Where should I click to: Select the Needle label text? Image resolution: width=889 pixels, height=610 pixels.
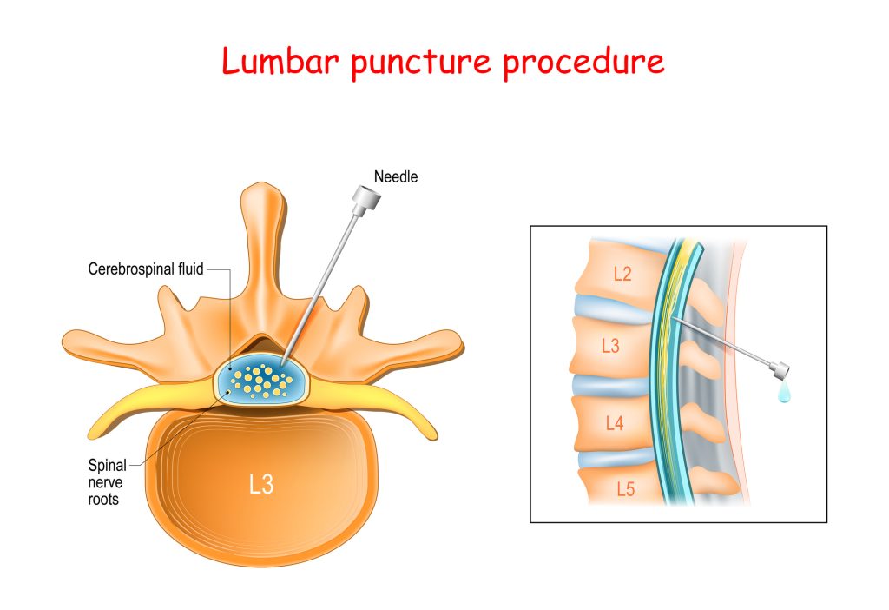[x=395, y=177]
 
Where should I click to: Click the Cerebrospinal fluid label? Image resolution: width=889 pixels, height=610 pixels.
[x=146, y=269]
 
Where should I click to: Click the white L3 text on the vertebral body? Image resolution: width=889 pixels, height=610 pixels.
[x=260, y=485]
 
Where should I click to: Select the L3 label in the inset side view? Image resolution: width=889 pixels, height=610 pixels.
[x=610, y=346]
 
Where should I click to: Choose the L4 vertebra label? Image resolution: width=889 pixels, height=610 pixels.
[x=614, y=423]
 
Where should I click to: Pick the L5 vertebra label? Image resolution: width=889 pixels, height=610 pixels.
[x=624, y=490]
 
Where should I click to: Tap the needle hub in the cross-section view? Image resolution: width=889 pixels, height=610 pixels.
[x=366, y=203]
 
